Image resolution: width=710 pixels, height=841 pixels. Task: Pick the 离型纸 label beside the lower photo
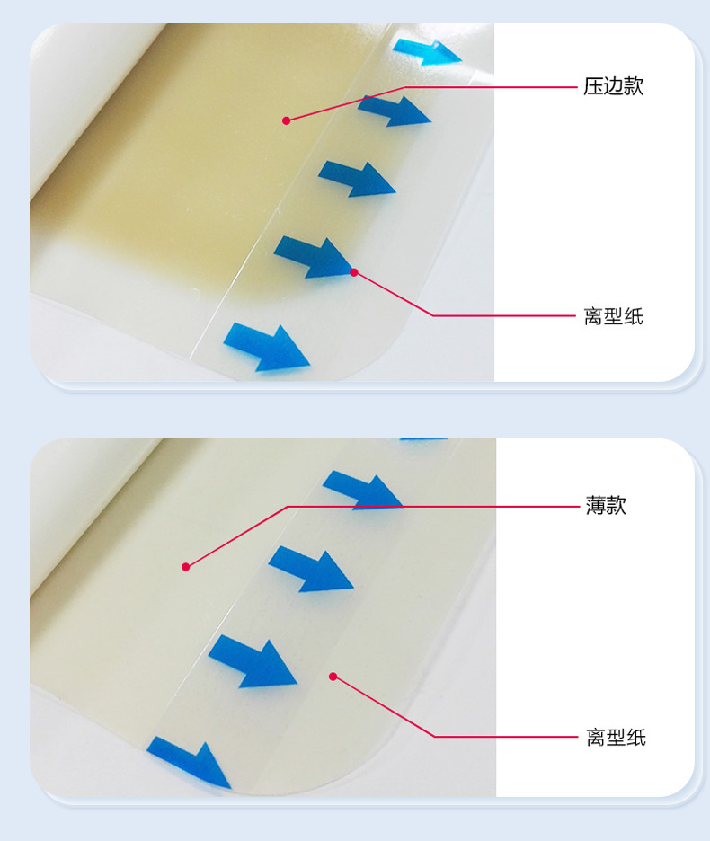coord(616,738)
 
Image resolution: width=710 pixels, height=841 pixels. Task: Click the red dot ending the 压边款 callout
coord(287,120)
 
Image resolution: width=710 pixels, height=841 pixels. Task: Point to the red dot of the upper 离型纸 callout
coord(354,271)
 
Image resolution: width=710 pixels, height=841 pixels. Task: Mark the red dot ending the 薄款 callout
coord(186,566)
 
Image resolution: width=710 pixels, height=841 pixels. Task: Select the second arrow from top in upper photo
coord(395,111)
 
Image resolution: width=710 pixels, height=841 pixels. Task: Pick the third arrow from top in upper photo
coord(359,177)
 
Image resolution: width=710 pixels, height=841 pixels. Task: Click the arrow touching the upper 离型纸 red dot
coord(315,256)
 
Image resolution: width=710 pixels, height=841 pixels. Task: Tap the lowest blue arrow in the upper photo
coord(267,346)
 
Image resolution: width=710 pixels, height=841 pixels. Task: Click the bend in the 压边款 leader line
coord(406,87)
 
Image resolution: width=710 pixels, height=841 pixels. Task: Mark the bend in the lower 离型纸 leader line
coord(436,737)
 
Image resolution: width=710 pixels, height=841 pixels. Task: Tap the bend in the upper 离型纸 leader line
coord(434,315)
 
